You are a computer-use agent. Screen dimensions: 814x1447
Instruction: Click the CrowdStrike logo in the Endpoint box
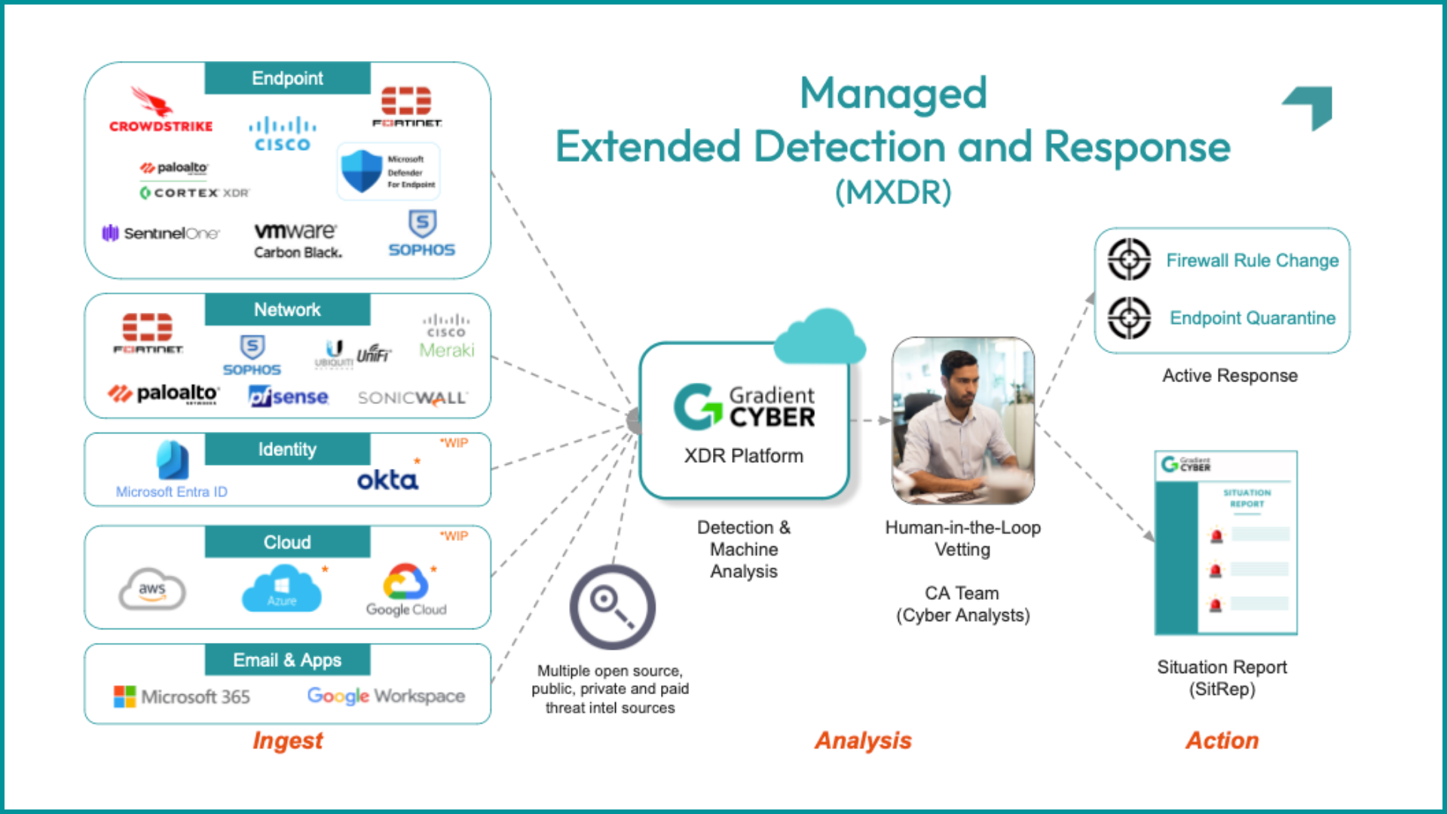(x=161, y=111)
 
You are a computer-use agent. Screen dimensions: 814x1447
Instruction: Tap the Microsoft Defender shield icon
(x=361, y=171)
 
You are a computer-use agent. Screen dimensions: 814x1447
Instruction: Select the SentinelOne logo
(x=161, y=233)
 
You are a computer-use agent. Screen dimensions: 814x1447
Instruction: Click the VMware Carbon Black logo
(x=297, y=240)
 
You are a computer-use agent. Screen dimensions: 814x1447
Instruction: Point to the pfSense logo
(x=289, y=396)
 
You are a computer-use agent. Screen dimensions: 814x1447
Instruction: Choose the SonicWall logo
(x=412, y=397)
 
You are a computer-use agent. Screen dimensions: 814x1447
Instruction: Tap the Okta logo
(x=387, y=479)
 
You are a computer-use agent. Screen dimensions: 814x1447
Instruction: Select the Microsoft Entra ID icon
(x=173, y=461)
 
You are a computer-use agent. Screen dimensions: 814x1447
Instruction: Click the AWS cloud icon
(x=152, y=589)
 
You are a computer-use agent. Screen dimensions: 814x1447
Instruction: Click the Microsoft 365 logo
(x=182, y=696)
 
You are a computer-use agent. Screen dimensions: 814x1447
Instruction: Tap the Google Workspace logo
(x=386, y=696)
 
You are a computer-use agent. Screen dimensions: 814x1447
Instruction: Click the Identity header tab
(x=287, y=449)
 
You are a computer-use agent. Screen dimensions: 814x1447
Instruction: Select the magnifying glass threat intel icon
(x=612, y=607)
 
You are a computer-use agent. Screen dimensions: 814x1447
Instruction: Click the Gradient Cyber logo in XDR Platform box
(x=744, y=407)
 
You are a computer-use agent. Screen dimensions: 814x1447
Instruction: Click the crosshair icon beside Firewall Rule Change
(x=1129, y=259)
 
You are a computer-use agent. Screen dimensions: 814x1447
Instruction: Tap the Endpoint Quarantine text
(x=1252, y=318)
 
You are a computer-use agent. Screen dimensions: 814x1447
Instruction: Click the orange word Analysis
(x=863, y=740)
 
